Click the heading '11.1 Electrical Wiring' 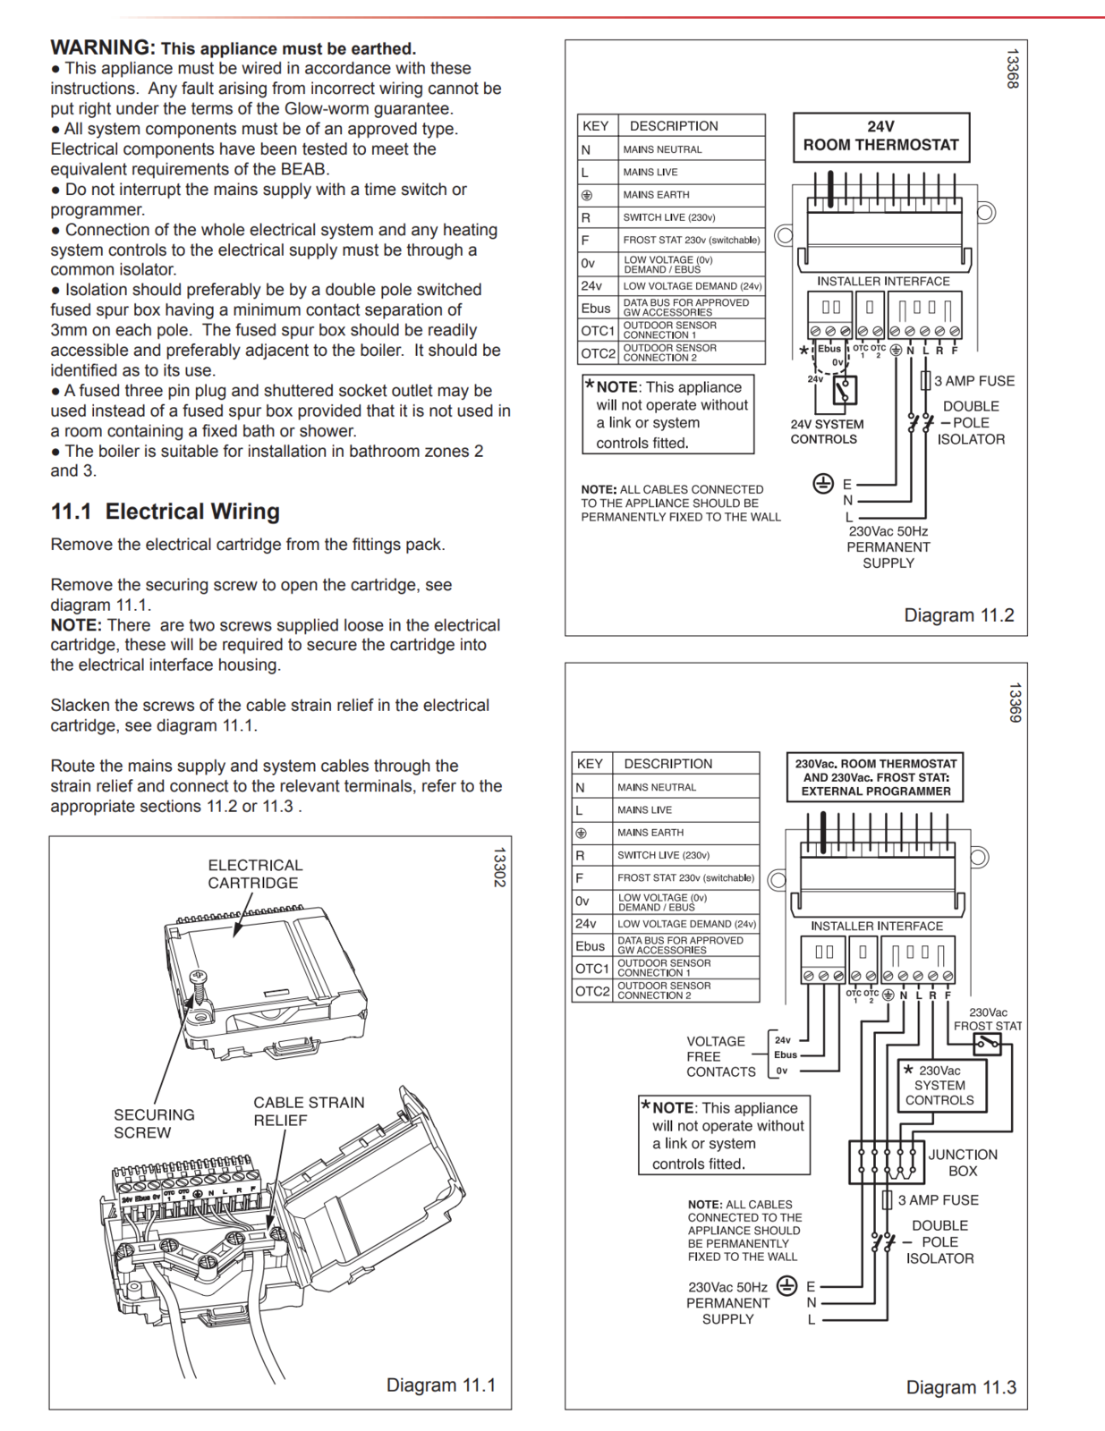165,512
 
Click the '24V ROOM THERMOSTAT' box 880,137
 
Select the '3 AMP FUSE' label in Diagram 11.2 973,381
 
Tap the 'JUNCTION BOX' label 962,1163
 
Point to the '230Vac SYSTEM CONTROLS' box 941,1086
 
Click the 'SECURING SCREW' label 153,1123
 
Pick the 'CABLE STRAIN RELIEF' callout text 308,1111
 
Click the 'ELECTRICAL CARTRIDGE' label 255,874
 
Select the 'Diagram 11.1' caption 440,1384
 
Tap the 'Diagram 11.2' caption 958,615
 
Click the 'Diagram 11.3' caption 960,1387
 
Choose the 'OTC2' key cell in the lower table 591,991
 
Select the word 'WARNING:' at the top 103,47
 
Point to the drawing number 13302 499,867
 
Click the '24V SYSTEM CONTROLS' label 827,432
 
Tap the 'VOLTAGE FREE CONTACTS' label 720,1056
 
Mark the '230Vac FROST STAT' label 987,1020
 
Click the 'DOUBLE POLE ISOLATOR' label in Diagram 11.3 939,1241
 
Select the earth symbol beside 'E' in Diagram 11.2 823,484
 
